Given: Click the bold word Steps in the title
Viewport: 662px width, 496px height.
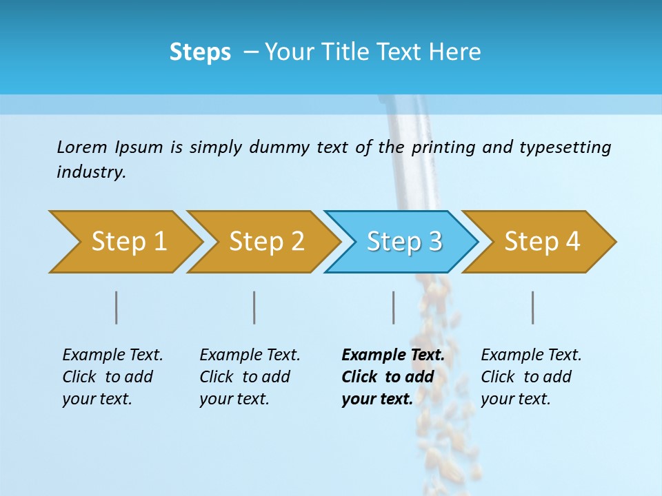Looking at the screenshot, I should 200,52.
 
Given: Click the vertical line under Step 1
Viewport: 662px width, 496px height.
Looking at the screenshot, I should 116,307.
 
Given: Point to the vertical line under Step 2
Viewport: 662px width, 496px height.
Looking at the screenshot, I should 254,307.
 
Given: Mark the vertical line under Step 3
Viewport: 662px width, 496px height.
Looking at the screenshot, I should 393,307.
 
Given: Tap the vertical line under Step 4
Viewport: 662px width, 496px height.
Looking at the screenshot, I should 532,307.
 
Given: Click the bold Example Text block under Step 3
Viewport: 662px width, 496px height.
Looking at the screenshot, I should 393,377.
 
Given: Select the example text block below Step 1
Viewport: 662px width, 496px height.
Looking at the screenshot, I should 112,377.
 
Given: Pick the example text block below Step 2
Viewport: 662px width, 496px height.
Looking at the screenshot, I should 250,377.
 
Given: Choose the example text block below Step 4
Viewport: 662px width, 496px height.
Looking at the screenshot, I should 531,377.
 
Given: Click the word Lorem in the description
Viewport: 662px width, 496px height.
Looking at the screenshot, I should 82,147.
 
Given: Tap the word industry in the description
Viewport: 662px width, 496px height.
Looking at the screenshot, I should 90,172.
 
